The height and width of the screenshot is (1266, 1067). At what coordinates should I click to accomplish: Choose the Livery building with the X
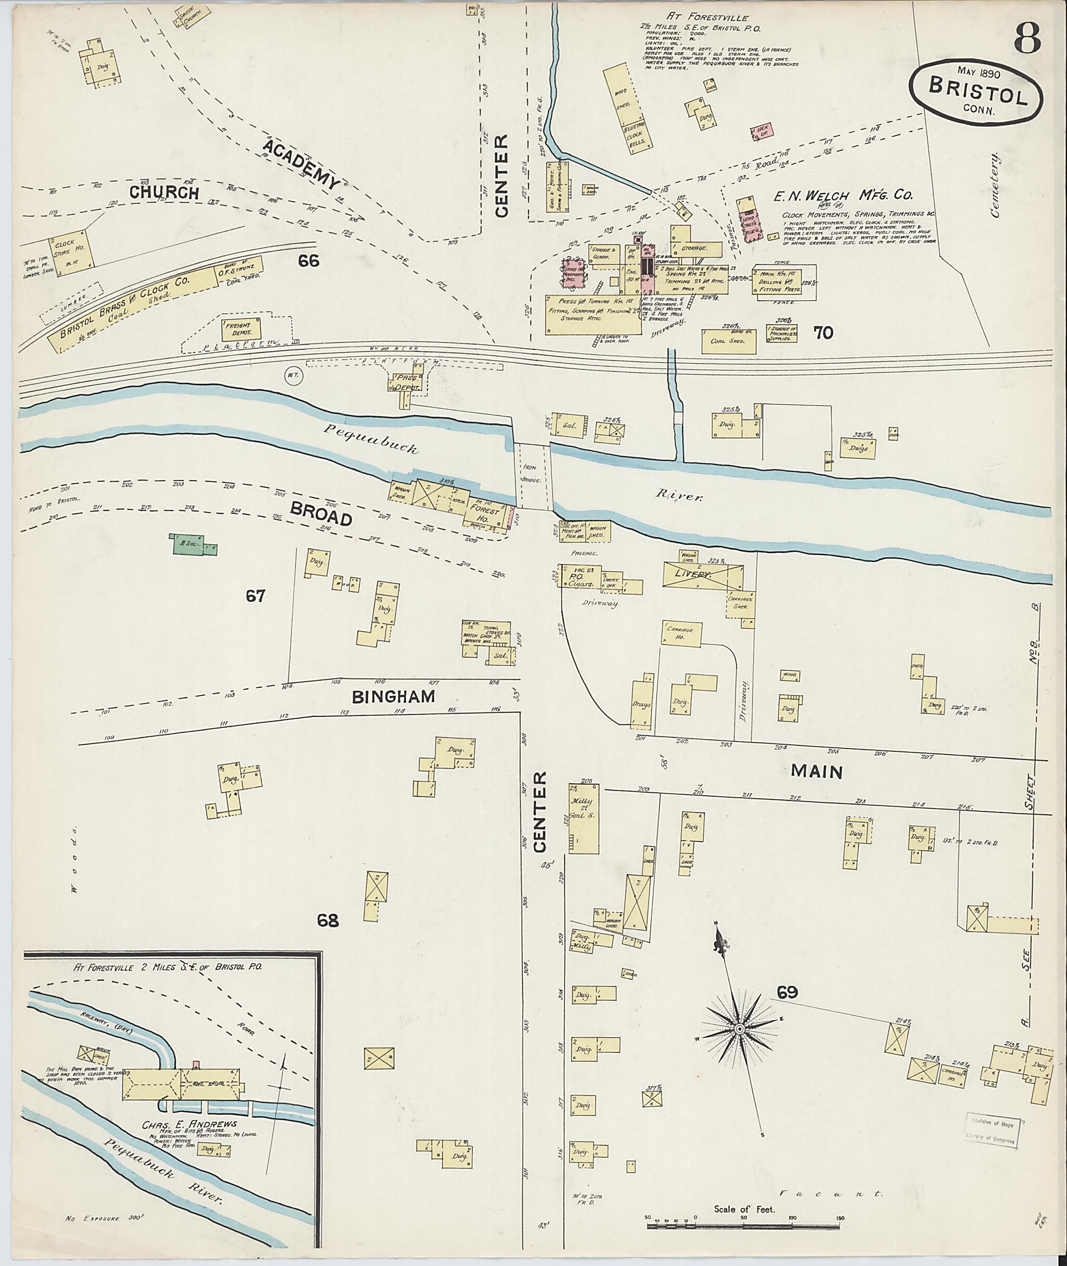pyautogui.click(x=703, y=572)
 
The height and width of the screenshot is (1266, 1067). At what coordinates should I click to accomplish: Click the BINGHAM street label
pyautogui.click(x=393, y=696)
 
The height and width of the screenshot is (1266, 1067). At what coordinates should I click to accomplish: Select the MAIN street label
pyautogui.click(x=816, y=771)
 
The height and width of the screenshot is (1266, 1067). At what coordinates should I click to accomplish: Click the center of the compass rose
pyautogui.click(x=739, y=1029)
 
